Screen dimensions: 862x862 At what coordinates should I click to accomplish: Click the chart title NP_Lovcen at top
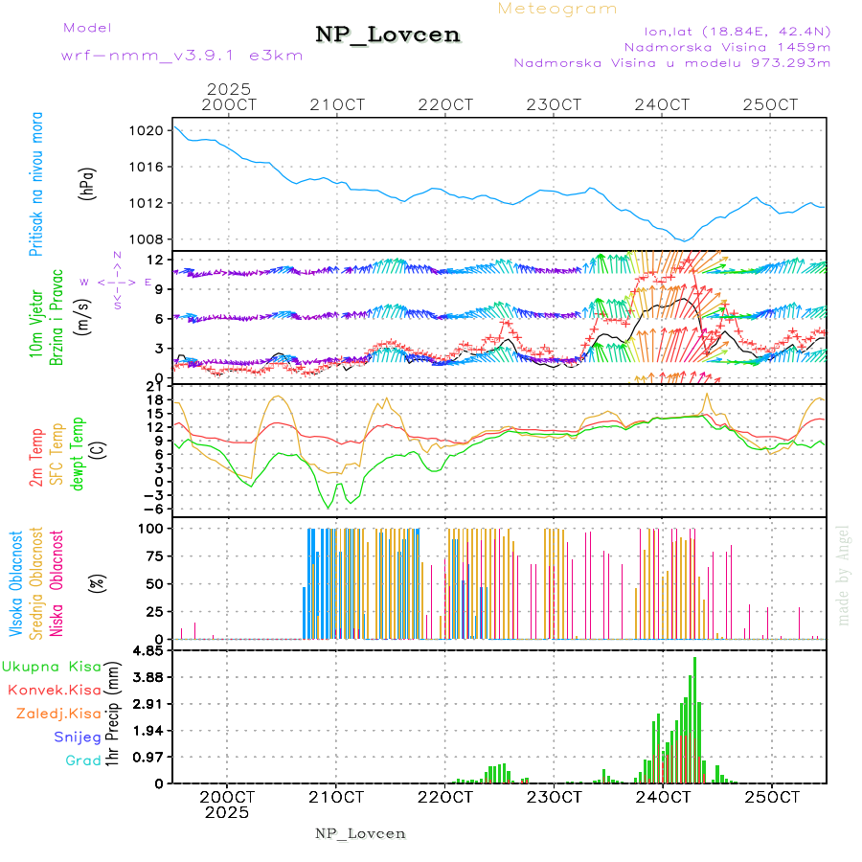[388, 34]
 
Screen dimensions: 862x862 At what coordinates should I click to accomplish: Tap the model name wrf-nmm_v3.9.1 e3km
[182, 55]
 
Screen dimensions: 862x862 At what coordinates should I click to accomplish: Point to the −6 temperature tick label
[148, 509]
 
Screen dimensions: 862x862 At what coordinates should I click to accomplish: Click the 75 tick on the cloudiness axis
[151, 556]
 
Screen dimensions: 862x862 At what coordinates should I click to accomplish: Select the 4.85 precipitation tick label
[147, 651]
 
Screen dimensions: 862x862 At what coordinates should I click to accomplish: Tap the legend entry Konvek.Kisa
[54, 690]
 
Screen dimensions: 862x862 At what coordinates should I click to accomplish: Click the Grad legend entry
[82, 761]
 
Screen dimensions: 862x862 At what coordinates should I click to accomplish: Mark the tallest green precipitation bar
[694, 718]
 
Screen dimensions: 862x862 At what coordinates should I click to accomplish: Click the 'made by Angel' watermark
[844, 575]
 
